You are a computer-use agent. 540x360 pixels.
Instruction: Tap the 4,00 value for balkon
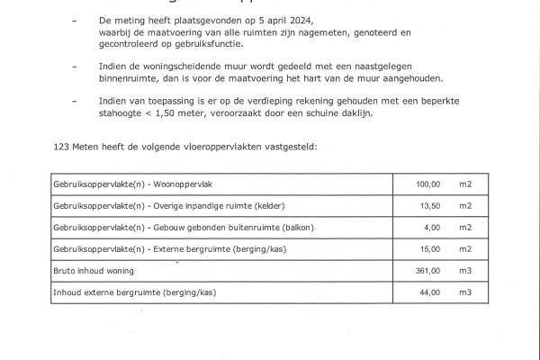point(432,227)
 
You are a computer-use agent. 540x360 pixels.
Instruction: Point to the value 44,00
point(430,292)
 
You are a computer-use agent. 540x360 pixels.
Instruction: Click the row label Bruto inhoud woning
point(94,270)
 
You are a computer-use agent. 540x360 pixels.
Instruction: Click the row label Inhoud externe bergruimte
point(135,292)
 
